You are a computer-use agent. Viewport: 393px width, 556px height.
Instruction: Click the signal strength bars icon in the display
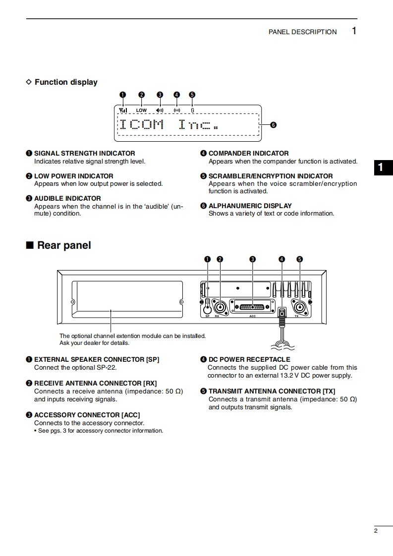(x=123, y=110)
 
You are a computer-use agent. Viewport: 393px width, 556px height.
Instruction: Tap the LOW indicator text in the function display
(x=142, y=111)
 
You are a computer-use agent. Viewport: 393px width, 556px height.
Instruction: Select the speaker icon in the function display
(x=160, y=111)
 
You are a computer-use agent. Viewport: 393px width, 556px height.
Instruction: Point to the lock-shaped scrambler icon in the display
(x=192, y=111)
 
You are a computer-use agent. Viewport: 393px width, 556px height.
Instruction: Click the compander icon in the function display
(x=177, y=111)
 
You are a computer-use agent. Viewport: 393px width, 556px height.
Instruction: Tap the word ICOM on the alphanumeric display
(x=141, y=124)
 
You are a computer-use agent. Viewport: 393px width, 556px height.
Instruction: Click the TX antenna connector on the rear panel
(x=299, y=307)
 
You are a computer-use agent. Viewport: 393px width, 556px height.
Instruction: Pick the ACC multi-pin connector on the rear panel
(x=252, y=307)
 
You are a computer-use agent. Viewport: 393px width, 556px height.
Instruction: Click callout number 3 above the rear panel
(x=252, y=259)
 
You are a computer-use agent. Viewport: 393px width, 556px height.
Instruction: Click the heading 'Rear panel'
(x=63, y=245)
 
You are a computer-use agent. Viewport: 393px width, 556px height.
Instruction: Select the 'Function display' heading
(x=66, y=82)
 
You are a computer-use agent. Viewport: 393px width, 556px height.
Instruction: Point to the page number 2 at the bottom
(x=376, y=531)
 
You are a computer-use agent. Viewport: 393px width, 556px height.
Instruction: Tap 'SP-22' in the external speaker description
(x=106, y=368)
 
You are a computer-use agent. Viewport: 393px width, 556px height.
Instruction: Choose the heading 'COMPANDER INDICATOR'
(x=248, y=154)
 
